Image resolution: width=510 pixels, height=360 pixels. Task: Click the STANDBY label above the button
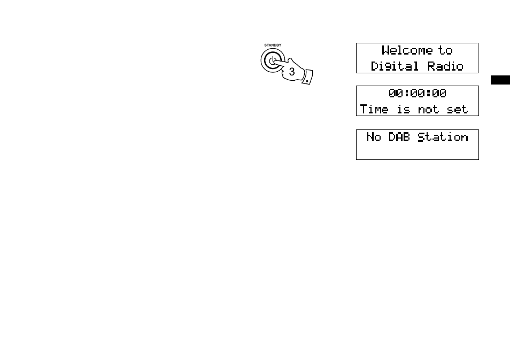click(273, 45)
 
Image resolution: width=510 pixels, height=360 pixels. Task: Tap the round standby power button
click(273, 60)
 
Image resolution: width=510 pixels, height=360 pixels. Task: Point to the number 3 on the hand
click(292, 72)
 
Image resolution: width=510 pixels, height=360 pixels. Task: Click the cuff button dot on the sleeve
click(307, 81)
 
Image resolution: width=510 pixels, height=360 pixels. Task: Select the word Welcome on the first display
click(407, 50)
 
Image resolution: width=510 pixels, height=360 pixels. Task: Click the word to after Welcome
click(445, 50)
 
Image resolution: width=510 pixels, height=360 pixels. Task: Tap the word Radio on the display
click(445, 66)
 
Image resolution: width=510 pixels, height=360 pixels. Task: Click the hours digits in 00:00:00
click(396, 94)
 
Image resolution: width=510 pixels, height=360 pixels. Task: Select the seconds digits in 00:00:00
click(439, 94)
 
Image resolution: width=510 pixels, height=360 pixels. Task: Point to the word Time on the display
click(374, 109)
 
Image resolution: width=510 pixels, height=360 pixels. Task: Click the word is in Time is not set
click(403, 109)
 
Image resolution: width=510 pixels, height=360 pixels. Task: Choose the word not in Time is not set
click(428, 109)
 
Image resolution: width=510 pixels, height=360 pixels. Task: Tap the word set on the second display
click(457, 109)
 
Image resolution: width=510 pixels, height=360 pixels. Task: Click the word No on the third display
click(374, 137)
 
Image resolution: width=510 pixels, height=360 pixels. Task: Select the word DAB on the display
click(399, 137)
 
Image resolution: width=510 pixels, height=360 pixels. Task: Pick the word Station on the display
click(443, 137)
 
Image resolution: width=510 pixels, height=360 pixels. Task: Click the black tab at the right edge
click(500, 80)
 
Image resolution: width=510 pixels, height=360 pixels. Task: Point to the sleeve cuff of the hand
click(307, 77)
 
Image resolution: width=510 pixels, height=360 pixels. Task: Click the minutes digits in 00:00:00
click(418, 94)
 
